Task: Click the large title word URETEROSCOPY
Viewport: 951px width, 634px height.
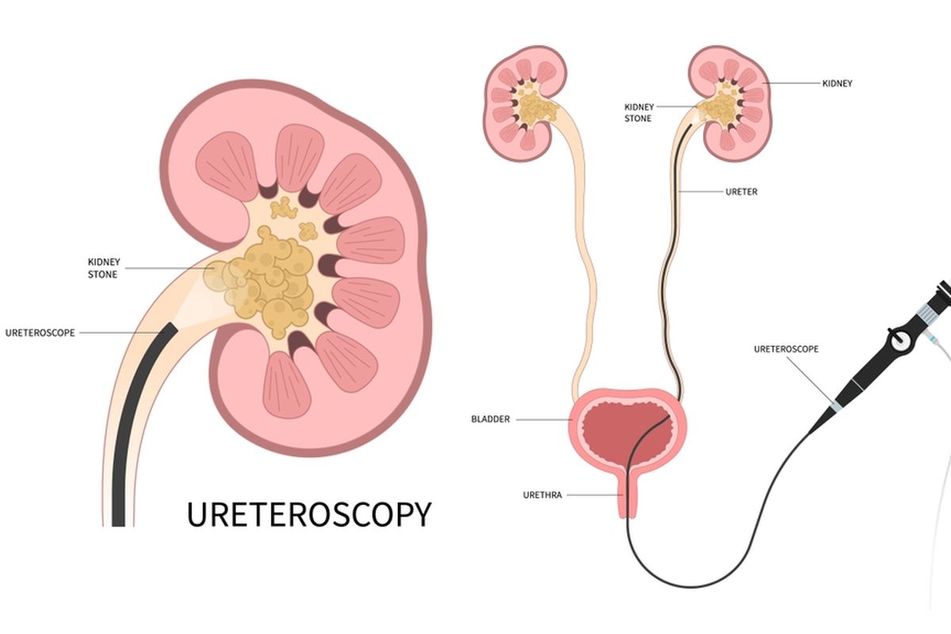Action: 309,514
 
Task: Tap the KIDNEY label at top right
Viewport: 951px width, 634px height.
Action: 837,84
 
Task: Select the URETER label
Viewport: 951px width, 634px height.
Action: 741,192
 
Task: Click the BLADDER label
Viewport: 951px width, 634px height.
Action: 491,419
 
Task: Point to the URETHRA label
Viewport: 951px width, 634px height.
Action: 542,495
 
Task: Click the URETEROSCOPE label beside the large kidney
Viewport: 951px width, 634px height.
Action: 40,333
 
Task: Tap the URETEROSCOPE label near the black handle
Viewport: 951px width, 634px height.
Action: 786,349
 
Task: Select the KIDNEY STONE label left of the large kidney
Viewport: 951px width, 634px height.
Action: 104,268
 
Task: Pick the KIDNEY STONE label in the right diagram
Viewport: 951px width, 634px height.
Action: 639,113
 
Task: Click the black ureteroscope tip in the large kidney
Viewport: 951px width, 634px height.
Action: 169,328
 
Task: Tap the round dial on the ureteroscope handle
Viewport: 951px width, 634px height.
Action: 899,340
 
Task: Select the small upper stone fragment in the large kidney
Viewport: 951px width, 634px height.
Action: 284,208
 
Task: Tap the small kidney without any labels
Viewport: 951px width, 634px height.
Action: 525,103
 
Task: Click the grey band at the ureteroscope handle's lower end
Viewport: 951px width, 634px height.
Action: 835,406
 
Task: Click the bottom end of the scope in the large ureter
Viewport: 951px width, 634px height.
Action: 118,525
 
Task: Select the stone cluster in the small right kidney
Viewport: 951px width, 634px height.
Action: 720,107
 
